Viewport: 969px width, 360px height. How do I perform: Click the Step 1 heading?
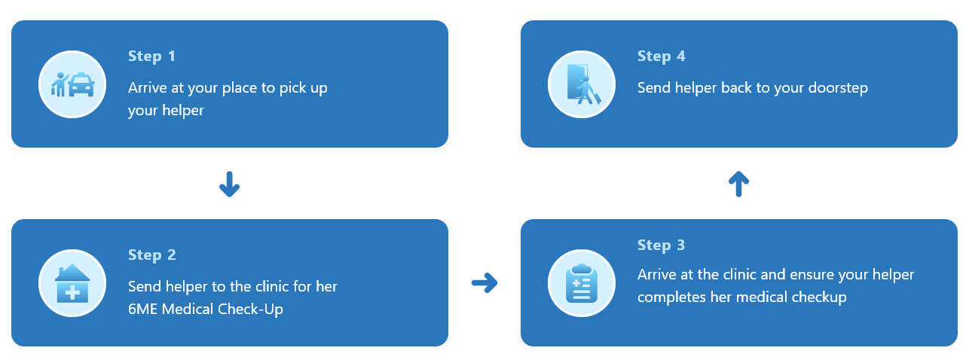pos(151,56)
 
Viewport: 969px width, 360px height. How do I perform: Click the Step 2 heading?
pos(151,255)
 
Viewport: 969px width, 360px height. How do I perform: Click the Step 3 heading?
pos(661,246)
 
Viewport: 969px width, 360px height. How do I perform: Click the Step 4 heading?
pos(661,56)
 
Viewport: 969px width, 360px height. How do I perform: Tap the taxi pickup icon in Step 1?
pos(72,84)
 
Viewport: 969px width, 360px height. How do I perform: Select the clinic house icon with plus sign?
pos(72,284)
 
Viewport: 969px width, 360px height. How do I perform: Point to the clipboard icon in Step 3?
pos(581,284)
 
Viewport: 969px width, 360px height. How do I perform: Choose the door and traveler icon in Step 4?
pos(581,84)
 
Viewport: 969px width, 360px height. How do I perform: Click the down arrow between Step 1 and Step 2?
pos(229,184)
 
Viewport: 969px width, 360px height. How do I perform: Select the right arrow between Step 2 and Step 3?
pos(484,283)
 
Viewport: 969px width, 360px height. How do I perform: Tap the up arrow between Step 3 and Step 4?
pos(738,184)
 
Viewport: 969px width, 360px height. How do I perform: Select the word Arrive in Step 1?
pos(148,88)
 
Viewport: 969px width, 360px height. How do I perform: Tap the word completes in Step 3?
pos(669,297)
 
